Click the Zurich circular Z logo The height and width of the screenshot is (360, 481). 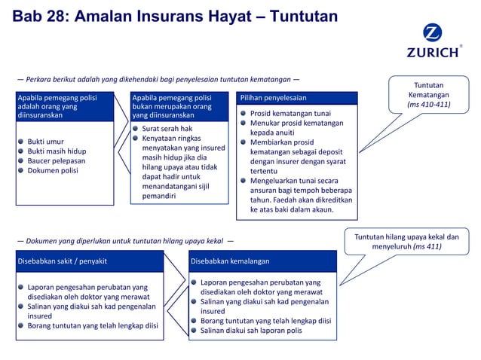click(x=432, y=35)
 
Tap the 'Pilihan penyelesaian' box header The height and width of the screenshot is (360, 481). click(x=274, y=98)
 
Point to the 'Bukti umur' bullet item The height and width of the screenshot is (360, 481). click(x=45, y=141)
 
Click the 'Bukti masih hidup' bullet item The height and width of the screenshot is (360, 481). click(x=56, y=151)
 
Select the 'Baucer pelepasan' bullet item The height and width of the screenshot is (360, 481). click(x=56, y=160)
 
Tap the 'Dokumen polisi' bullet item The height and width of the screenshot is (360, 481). click(x=52, y=170)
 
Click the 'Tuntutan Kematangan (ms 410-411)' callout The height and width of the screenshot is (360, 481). click(x=429, y=95)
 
